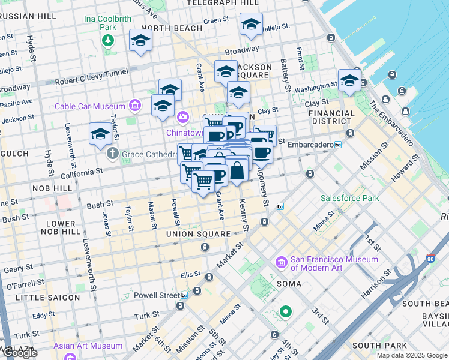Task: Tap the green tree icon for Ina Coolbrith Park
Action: pos(108,40)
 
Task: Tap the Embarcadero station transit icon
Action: pos(338,145)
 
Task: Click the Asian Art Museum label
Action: pos(88,346)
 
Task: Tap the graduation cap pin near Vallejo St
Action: pos(250,25)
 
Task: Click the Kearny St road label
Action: pos(244,216)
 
